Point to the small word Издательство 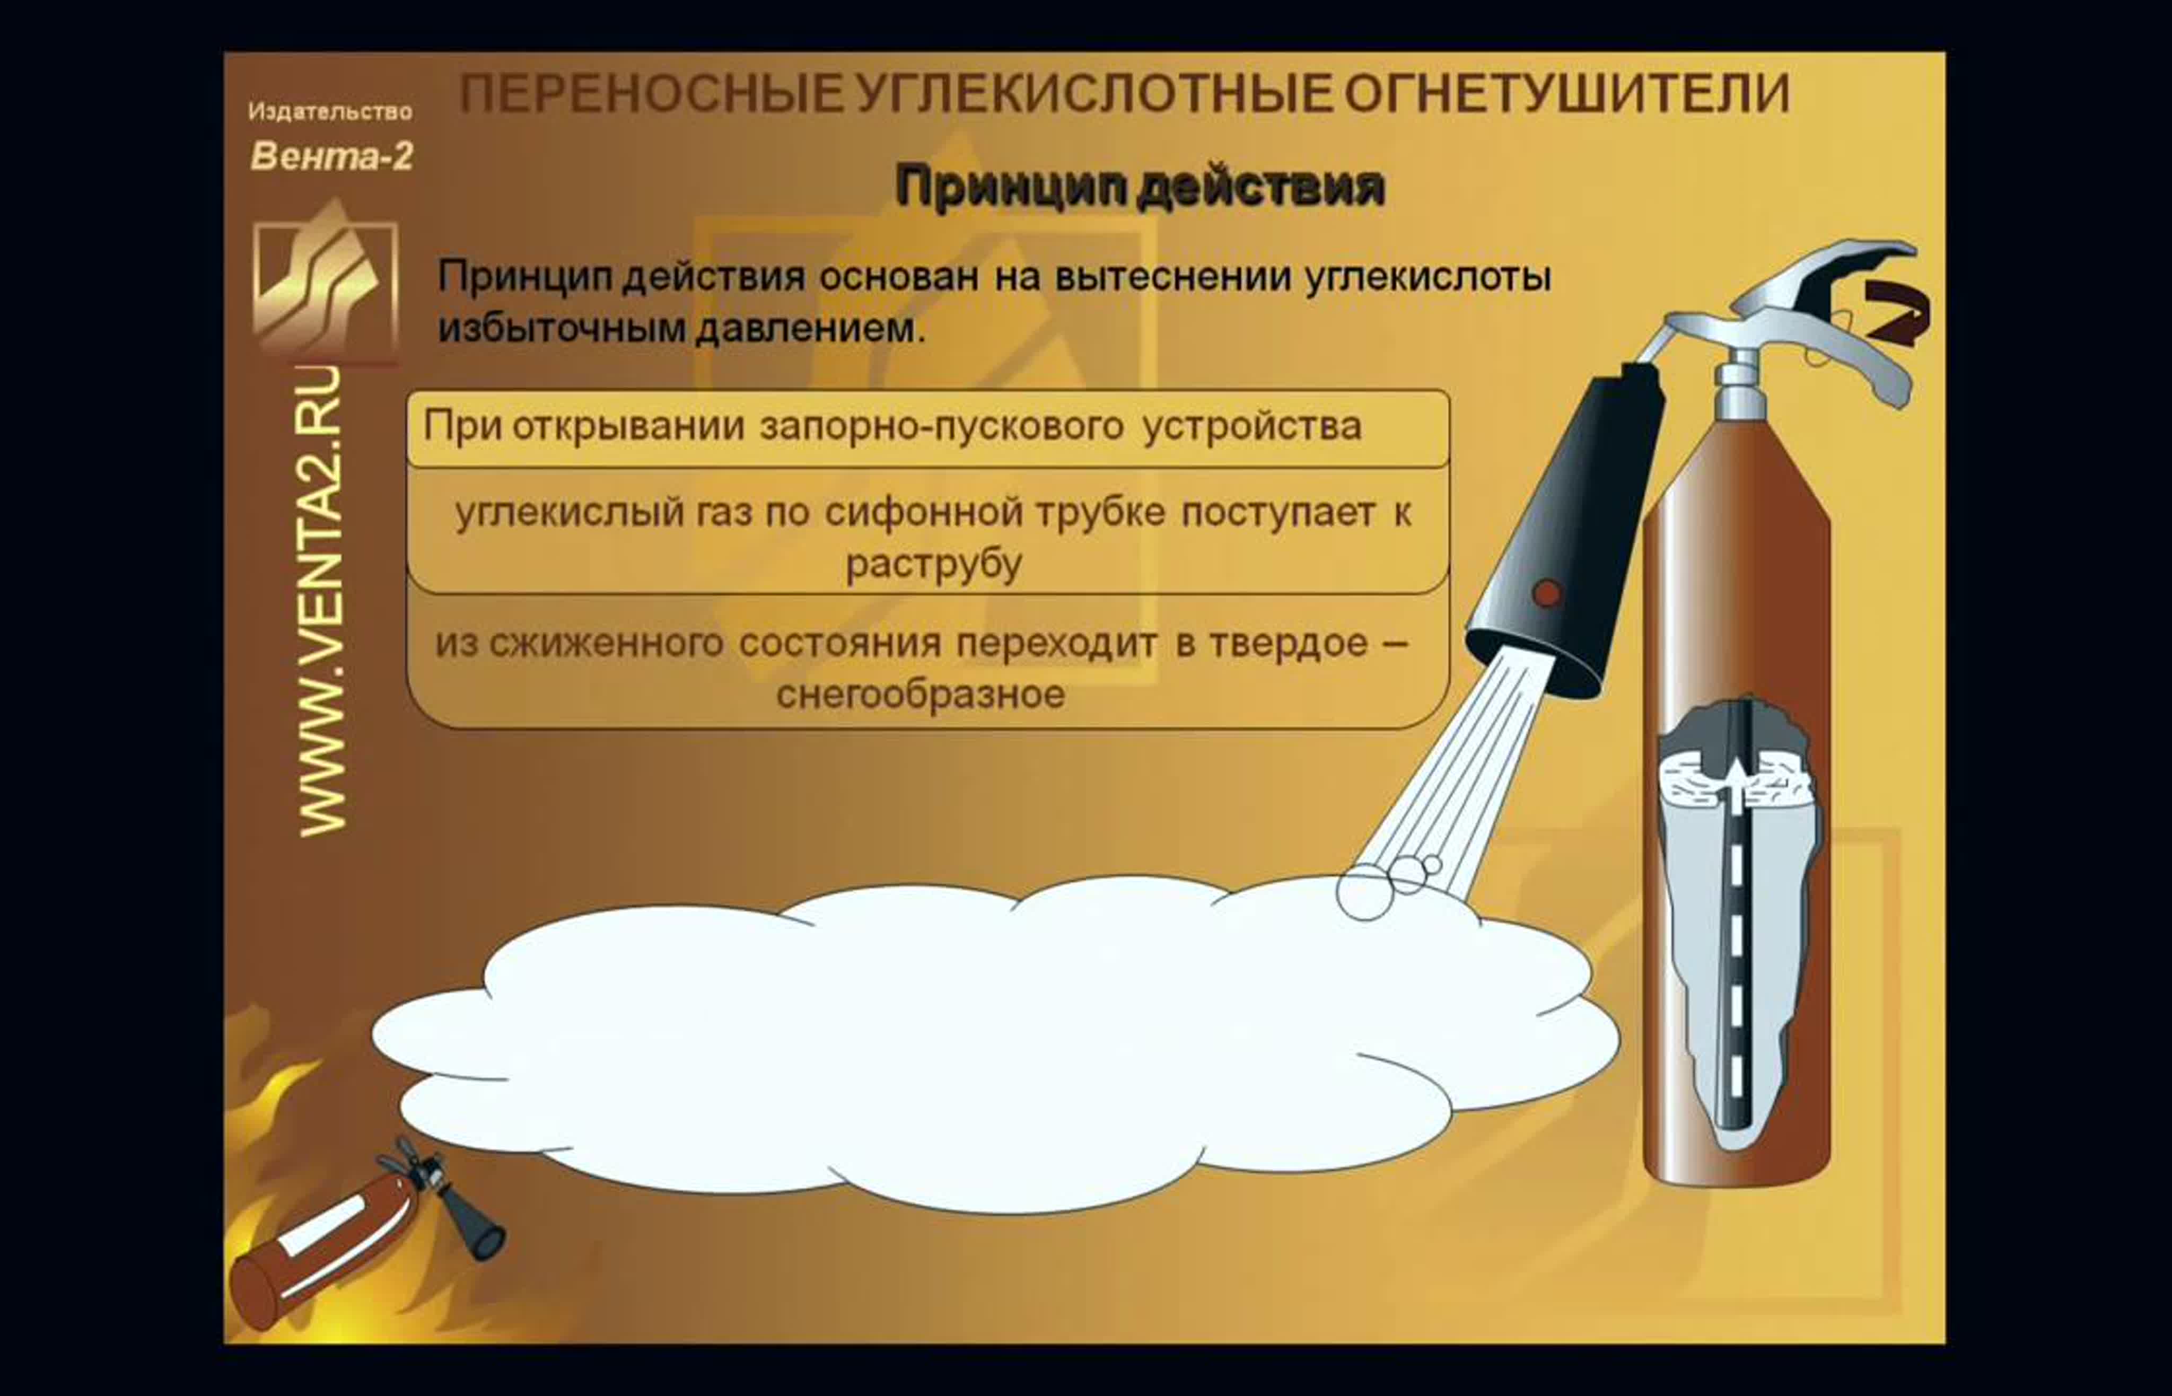[x=330, y=111]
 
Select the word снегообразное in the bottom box [x=920, y=695]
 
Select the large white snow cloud [x=995, y=1042]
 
